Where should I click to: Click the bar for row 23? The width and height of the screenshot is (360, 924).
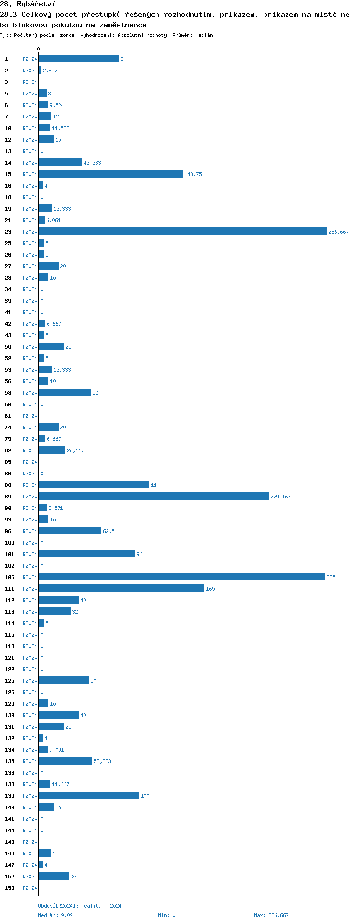tap(182, 232)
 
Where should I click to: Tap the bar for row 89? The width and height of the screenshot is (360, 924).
tap(154, 497)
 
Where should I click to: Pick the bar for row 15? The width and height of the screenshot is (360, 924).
tap(110, 174)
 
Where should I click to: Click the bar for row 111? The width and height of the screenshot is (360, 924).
tap(121, 589)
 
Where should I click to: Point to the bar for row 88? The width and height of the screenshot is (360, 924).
tap(94, 485)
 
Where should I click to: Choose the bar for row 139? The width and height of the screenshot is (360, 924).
tap(89, 796)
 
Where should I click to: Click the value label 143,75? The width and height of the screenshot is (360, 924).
tap(193, 175)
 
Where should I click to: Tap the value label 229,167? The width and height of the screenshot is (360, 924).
tap(280, 497)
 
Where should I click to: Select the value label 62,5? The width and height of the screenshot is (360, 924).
tap(108, 532)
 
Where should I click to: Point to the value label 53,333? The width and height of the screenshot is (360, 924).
tap(102, 762)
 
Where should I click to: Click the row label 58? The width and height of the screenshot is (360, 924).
tap(8, 393)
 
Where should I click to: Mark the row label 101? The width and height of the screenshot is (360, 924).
tap(10, 555)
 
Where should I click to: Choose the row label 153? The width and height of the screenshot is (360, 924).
tap(10, 888)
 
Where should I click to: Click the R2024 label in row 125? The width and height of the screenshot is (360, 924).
tap(30, 681)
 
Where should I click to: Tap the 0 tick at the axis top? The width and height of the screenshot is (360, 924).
tap(39, 50)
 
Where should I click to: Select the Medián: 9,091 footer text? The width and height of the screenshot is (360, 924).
tap(57, 916)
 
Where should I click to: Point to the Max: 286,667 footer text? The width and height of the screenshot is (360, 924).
tap(271, 916)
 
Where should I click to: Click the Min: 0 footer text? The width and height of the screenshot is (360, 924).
tap(167, 916)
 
